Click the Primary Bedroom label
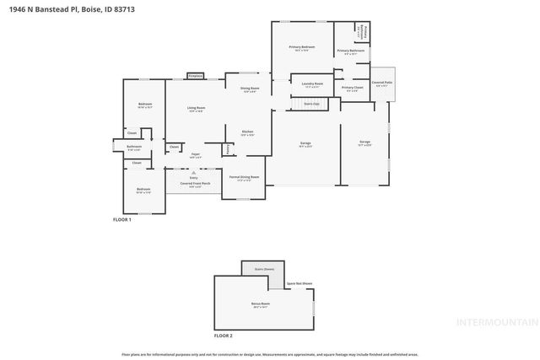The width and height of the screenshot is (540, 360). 301,47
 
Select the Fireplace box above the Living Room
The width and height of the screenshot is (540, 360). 196,76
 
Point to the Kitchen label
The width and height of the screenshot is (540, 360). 247,132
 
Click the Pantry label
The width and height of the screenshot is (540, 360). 228,149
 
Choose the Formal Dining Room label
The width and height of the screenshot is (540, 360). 244,177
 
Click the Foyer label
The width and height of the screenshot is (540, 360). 195,154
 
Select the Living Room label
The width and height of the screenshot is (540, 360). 196,108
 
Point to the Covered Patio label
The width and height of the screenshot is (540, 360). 382,83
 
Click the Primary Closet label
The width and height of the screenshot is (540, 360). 353,88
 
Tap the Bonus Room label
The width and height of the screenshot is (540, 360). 260,304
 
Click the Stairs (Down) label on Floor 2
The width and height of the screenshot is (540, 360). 264,269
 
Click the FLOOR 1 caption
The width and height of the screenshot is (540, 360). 122,219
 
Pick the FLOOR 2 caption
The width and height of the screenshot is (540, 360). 223,336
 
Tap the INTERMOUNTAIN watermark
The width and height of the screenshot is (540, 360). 496,322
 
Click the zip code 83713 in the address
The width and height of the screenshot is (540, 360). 122,8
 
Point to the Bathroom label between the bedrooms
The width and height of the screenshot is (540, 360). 134,147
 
